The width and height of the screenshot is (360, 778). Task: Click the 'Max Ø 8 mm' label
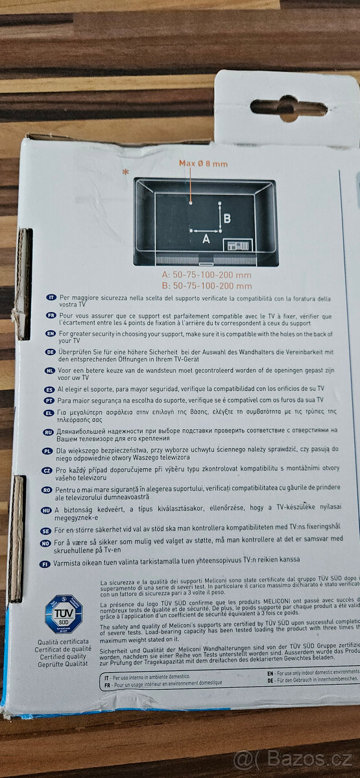coord(203,164)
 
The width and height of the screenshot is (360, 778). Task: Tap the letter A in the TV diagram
coord(206,239)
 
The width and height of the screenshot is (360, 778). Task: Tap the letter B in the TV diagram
coord(227,218)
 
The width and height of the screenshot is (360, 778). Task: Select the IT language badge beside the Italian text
coord(49,297)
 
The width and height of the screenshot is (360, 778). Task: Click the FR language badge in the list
coord(49,314)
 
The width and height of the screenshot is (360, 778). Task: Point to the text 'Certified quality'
coord(62,657)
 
